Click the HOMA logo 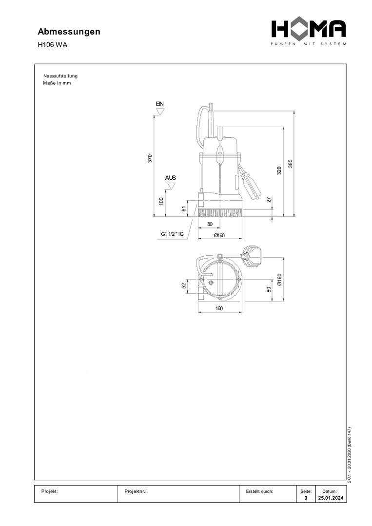point(309,32)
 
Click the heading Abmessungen point(69,32)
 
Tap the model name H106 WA point(52,45)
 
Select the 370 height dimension point(150,158)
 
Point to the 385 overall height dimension point(291,163)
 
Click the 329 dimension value point(279,171)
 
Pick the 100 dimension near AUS point(161,201)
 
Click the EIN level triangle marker point(160,112)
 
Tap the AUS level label point(171,178)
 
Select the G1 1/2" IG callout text point(172,234)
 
